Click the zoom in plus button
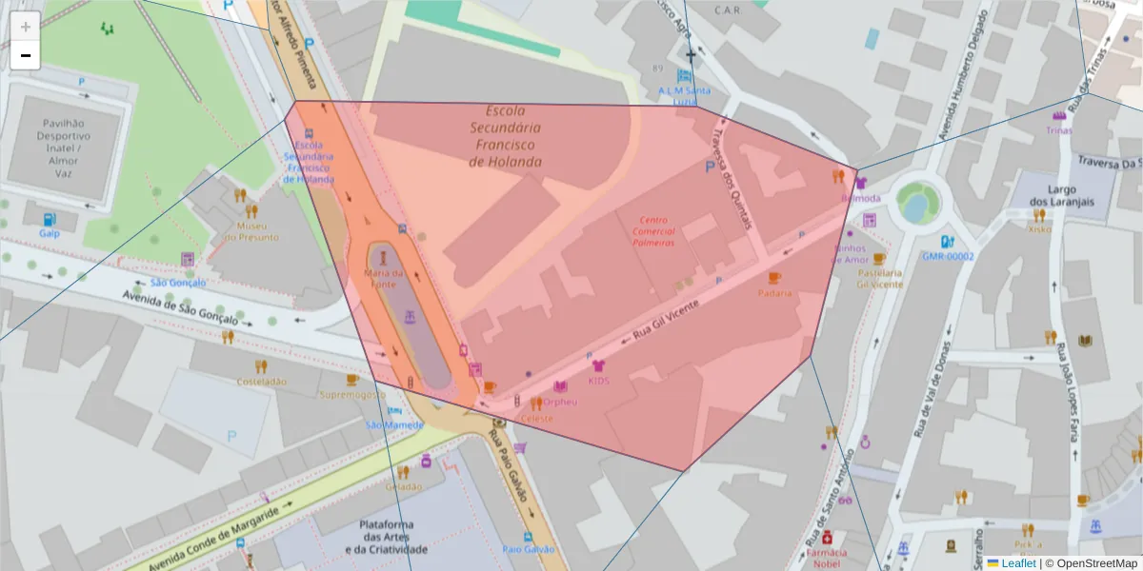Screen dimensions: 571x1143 point(26,27)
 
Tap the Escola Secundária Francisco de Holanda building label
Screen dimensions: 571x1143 point(505,136)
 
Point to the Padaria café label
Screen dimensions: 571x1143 point(774,293)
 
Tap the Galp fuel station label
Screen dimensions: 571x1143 point(49,232)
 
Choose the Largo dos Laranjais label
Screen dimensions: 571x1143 point(1061,195)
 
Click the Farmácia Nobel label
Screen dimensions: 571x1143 point(827,558)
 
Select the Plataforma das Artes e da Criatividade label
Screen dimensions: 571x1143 point(386,537)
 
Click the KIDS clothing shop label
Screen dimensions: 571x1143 point(598,381)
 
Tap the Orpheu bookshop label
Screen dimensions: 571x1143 point(561,401)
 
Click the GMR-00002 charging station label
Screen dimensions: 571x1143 point(948,256)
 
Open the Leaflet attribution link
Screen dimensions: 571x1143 point(1017,563)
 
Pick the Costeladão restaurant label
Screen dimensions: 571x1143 point(262,381)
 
